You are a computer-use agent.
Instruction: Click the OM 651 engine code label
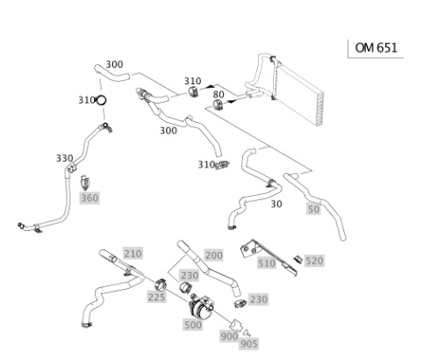click(376, 47)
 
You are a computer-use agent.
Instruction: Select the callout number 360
click(90, 198)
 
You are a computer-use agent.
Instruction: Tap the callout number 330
click(65, 158)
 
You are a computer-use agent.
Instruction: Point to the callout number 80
click(219, 95)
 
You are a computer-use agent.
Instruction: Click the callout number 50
click(313, 209)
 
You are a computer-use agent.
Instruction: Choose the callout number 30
click(276, 204)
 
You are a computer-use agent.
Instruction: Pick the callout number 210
click(133, 254)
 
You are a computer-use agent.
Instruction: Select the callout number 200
click(214, 256)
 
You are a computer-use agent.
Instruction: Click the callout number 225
click(157, 298)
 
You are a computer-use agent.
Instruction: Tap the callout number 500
click(193, 325)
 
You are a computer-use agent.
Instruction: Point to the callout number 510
click(267, 263)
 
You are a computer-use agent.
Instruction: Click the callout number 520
click(314, 261)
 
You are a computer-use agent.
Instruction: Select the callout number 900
click(230, 336)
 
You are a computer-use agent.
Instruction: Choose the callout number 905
click(249, 344)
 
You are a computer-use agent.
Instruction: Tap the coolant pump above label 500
click(201, 307)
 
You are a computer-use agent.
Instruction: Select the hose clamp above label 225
click(161, 284)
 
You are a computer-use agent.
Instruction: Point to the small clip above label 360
click(85, 183)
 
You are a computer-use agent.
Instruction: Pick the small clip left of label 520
click(298, 259)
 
